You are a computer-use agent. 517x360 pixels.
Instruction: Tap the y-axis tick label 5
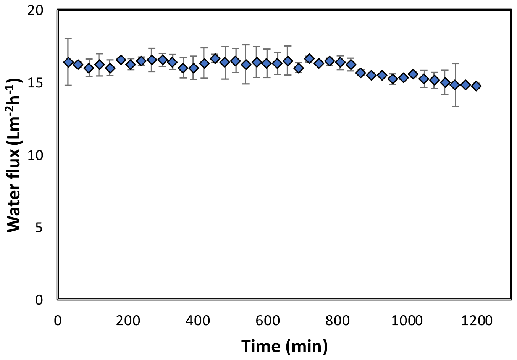(39, 228)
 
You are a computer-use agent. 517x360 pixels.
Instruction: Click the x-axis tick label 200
(128, 320)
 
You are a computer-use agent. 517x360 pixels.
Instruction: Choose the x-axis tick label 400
(198, 320)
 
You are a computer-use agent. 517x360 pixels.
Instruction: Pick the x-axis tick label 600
(268, 320)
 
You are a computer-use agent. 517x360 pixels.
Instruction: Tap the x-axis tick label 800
(338, 320)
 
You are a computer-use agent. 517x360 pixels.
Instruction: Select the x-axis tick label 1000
(407, 320)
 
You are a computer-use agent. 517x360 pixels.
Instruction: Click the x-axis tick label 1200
(477, 320)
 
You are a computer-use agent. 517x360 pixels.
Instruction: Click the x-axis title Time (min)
(284, 346)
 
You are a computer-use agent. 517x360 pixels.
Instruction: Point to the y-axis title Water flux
(14, 155)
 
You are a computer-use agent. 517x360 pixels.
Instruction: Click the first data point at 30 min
(68, 62)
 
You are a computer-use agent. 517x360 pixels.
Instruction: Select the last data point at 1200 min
(476, 86)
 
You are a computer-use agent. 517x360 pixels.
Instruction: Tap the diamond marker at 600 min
(267, 63)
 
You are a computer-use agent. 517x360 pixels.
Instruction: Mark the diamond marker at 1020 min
(413, 74)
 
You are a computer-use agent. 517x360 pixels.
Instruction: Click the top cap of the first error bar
(68, 39)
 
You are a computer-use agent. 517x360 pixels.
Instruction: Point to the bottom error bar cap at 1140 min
(455, 107)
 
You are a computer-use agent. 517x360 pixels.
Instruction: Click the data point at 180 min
(121, 60)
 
